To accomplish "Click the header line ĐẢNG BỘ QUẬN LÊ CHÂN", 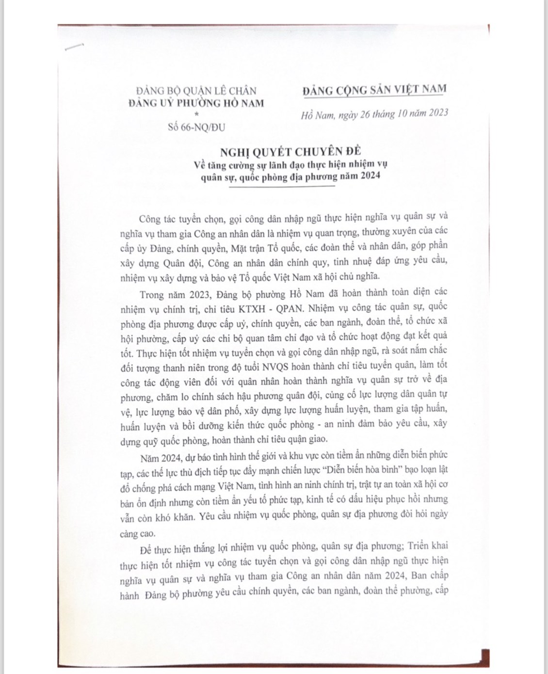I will [x=196, y=90].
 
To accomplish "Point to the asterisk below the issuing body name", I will [x=196, y=114].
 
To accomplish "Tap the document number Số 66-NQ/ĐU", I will [x=196, y=128].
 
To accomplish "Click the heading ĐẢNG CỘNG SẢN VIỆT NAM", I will [x=374, y=90].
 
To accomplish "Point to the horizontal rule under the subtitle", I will [x=282, y=187].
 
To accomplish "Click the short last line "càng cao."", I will [x=138, y=533].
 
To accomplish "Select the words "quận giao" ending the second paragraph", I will [x=309, y=439].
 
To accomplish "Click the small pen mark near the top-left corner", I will [x=74, y=47].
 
